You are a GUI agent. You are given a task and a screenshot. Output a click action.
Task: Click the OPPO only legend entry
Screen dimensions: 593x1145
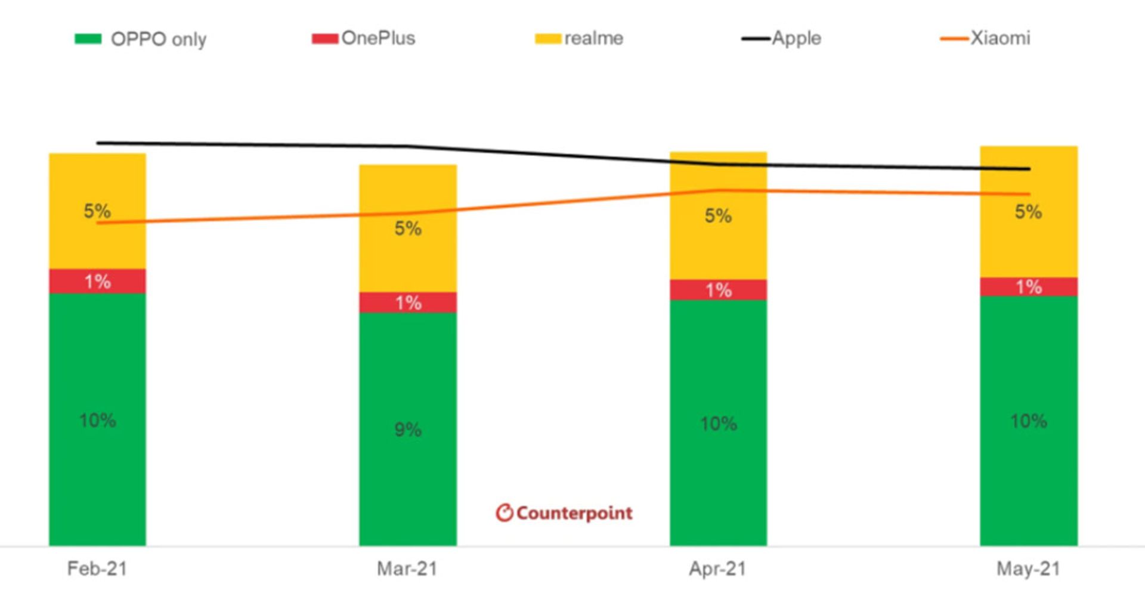click(x=141, y=39)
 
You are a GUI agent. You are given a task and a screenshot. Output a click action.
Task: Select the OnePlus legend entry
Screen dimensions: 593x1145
click(x=364, y=38)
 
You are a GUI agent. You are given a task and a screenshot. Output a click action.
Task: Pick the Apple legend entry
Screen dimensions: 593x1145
click(x=782, y=38)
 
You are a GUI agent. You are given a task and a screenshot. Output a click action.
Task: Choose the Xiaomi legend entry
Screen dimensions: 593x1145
click(x=986, y=38)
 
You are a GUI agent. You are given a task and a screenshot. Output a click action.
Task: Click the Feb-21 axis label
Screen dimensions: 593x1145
click(x=97, y=569)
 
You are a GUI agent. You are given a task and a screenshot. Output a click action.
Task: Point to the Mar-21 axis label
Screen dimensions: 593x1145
click(x=407, y=569)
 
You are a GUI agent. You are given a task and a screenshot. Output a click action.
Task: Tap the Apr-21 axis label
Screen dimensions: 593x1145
click(x=717, y=569)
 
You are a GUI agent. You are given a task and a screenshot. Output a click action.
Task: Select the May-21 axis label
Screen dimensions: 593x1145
click(x=1028, y=569)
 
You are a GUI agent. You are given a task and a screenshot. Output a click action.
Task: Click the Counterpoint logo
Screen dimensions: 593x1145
click(x=564, y=513)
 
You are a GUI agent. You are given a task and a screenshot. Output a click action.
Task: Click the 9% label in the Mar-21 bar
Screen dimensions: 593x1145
click(x=408, y=430)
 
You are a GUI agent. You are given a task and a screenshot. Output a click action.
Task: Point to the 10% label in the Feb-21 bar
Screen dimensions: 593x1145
click(x=97, y=421)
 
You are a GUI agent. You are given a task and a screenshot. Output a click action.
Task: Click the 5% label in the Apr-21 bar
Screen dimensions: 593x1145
click(x=718, y=216)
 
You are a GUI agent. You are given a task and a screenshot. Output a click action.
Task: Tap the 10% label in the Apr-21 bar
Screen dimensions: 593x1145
click(x=718, y=424)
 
